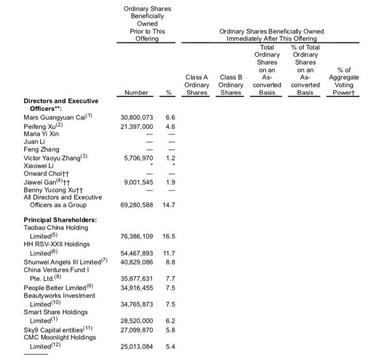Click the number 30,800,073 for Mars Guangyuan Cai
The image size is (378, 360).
pyautogui.click(x=136, y=118)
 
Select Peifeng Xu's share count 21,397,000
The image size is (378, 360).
pyautogui.click(x=136, y=126)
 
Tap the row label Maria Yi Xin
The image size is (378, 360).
pyautogui.click(x=41, y=134)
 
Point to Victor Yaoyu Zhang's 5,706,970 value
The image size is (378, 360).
pyautogui.click(x=139, y=158)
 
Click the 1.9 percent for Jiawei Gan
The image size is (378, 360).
pyautogui.click(x=170, y=182)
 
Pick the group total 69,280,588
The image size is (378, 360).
pyautogui.click(x=136, y=205)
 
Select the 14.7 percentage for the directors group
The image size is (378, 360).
pyautogui.click(x=169, y=205)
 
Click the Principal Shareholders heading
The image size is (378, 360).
pyautogui.click(x=60, y=220)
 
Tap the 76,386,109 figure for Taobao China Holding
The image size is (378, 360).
pyautogui.click(x=136, y=236)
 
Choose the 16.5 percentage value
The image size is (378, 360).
pyautogui.click(x=169, y=236)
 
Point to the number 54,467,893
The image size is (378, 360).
pyautogui.click(x=136, y=253)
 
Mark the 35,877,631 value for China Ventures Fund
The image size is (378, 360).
pyautogui.click(x=136, y=279)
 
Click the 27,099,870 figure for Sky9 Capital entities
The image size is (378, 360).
pyautogui.click(x=136, y=329)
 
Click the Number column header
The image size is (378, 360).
pyautogui.click(x=136, y=93)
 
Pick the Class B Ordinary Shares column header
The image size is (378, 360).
pyautogui.click(x=231, y=84)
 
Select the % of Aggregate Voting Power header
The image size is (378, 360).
pyautogui.click(x=343, y=81)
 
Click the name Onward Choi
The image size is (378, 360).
pyautogui.click(x=43, y=174)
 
